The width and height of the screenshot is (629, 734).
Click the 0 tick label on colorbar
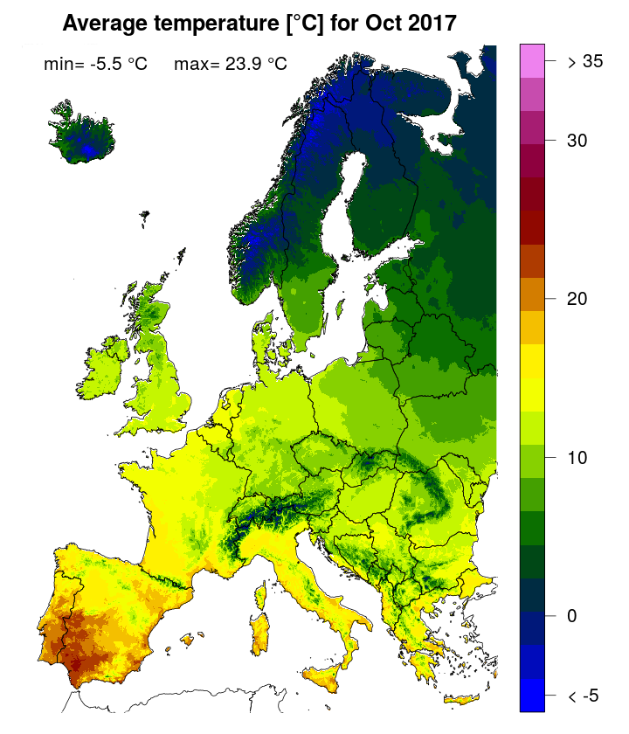(572, 615)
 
